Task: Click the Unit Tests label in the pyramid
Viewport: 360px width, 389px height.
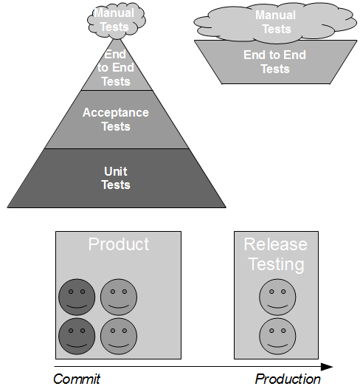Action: (116, 178)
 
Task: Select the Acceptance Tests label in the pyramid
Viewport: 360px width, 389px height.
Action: (116, 120)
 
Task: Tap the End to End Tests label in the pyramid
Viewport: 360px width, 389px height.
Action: (116, 68)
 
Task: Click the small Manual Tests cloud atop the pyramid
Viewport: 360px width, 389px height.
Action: (117, 21)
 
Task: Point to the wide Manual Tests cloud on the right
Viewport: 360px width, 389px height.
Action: (275, 23)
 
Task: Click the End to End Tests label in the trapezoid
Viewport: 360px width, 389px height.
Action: (274, 62)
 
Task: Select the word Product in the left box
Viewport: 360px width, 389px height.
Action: (119, 244)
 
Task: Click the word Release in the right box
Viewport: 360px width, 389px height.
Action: (276, 244)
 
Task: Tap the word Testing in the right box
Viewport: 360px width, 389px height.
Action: (276, 264)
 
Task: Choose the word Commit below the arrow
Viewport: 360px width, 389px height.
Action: (77, 379)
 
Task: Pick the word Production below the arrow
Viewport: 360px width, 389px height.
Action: (288, 379)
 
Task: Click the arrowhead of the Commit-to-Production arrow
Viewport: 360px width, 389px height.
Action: (327, 367)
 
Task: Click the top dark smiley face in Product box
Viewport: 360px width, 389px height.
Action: (77, 297)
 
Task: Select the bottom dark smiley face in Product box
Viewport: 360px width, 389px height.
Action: (77, 337)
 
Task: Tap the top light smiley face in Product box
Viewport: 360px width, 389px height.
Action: (119, 297)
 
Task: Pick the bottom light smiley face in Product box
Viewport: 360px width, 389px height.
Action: (119, 337)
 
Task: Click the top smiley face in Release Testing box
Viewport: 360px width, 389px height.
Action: (277, 297)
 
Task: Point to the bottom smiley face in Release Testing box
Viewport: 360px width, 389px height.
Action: (277, 337)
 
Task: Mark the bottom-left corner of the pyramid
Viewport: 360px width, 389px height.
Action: (7, 207)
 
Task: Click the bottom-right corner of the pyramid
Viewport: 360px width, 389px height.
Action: (226, 207)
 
